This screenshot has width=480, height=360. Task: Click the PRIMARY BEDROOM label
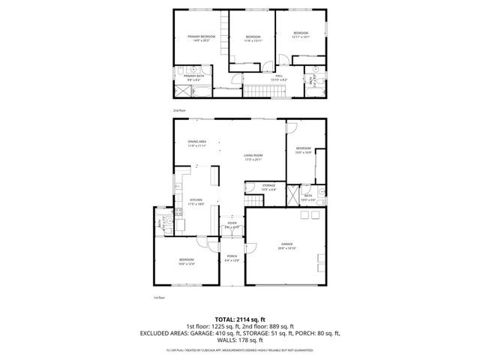point(202,37)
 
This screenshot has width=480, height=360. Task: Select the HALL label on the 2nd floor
point(278,76)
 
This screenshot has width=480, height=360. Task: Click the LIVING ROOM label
point(253,156)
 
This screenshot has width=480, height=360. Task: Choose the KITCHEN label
point(196,199)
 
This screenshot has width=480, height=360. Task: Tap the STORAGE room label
point(268,185)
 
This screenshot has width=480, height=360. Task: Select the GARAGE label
point(286,244)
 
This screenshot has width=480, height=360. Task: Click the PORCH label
point(232,256)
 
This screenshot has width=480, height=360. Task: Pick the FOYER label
point(232,223)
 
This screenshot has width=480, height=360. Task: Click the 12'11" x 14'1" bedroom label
point(300,34)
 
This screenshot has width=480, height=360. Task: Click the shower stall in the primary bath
point(183,91)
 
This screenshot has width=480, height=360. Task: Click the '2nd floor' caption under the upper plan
point(178,109)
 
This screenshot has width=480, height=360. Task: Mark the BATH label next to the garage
point(307,197)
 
